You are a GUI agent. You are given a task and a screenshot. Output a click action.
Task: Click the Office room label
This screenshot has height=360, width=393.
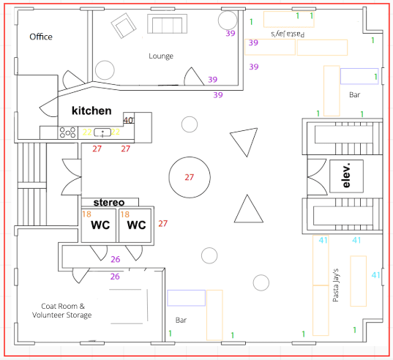tap(41, 37)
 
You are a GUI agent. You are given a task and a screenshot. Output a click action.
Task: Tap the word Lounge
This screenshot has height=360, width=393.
tap(161, 56)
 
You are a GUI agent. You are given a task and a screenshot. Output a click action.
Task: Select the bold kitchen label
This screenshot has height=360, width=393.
tap(91, 110)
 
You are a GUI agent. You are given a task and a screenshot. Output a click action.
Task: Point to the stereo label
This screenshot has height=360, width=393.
tap(109, 202)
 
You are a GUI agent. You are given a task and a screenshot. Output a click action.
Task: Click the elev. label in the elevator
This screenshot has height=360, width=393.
tap(346, 176)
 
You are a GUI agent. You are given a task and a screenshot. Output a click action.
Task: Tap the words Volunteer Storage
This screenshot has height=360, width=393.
tap(61, 315)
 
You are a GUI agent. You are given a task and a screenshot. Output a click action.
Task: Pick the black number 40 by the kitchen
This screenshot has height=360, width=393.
tap(128, 120)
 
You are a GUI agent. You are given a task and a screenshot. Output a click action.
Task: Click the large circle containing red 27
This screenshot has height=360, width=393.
tap(190, 177)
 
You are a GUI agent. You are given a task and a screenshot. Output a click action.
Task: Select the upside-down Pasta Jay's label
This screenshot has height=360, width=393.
tap(288, 34)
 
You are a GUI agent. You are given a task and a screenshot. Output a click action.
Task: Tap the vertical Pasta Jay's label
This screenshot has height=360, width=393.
tap(336, 285)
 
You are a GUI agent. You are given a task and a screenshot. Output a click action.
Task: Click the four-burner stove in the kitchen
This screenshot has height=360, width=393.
tap(67, 132)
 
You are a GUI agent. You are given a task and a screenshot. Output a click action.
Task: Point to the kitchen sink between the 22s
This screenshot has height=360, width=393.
tap(102, 132)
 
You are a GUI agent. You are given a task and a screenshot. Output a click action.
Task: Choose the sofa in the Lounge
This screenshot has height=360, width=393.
tap(167, 24)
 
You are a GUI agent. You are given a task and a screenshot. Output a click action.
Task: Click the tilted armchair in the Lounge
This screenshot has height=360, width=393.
tap(124, 26)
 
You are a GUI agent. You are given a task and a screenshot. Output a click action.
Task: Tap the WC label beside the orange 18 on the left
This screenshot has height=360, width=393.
tap(100, 225)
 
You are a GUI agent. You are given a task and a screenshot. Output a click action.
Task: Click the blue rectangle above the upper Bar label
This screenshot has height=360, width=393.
tap(359, 76)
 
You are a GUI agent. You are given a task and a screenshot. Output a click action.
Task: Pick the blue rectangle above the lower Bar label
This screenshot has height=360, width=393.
tap(186, 298)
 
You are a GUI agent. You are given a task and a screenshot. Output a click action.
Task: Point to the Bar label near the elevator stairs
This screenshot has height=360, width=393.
tap(354, 94)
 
